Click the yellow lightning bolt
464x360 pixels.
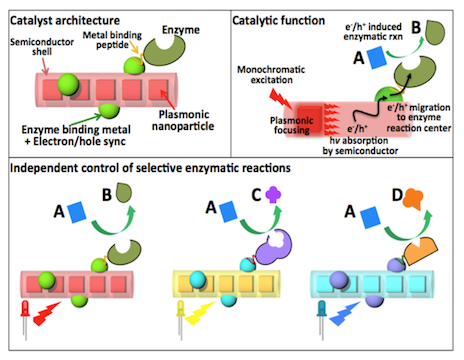[x=200, y=313]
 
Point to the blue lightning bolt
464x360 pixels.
[x=344, y=313]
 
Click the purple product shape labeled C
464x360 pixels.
[x=273, y=194]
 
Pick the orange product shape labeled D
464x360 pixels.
[x=413, y=199]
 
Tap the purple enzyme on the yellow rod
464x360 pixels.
[x=274, y=247]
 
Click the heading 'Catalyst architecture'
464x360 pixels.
[x=65, y=21]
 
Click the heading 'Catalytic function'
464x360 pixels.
[x=278, y=21]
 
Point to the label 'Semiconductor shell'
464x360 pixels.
[x=42, y=47]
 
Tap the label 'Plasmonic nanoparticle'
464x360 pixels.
[x=183, y=120]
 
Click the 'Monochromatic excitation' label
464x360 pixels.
[x=271, y=75]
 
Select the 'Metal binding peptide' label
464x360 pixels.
[x=112, y=40]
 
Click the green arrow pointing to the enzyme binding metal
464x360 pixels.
[x=85, y=120]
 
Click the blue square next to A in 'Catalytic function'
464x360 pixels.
[x=377, y=57]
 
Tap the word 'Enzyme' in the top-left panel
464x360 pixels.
[x=181, y=30]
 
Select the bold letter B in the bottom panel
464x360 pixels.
[x=107, y=195]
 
